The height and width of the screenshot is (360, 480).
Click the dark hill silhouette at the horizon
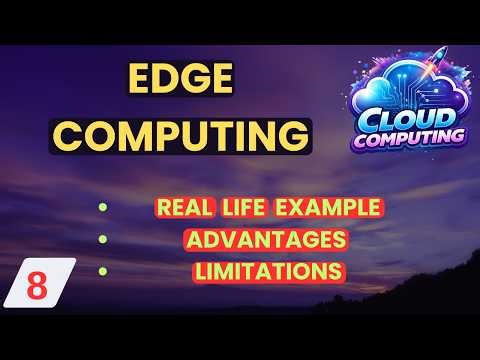tap(400, 310)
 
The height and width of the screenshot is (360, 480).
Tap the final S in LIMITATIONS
tap(337, 270)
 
